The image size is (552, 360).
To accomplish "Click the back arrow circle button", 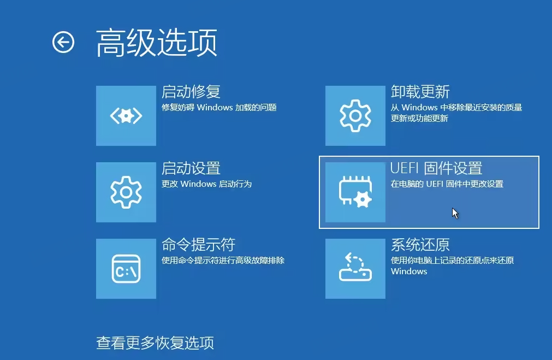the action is [x=63, y=42].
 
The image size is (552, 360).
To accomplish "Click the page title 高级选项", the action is [x=157, y=43].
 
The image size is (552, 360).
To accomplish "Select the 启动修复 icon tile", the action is [x=126, y=115].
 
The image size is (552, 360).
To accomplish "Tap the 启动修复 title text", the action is [x=191, y=92].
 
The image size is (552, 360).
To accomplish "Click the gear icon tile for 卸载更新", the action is [x=355, y=115].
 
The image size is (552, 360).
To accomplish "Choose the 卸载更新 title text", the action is [x=420, y=92].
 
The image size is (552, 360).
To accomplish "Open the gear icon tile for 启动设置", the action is [x=126, y=192].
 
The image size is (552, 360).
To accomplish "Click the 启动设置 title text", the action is [x=191, y=168].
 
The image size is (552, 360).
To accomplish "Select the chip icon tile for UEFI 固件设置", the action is [x=355, y=192].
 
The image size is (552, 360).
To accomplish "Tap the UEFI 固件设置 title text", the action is [x=436, y=168].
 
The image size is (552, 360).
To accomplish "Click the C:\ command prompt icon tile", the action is [x=126, y=268].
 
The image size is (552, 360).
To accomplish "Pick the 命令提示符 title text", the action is [x=198, y=245].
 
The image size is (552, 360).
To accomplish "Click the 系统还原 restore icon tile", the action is [x=355, y=268].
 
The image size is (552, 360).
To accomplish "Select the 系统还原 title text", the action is [x=420, y=245].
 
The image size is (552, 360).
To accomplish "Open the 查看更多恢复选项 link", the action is [x=155, y=343].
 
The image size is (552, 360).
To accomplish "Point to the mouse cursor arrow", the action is [x=455, y=213].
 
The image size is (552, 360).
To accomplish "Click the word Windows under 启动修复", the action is [x=215, y=108].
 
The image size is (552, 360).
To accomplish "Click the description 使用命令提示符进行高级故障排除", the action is [x=223, y=261].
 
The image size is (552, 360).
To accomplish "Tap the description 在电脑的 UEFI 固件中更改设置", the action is [x=447, y=184].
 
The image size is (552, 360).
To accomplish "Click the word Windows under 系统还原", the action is [x=409, y=272].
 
